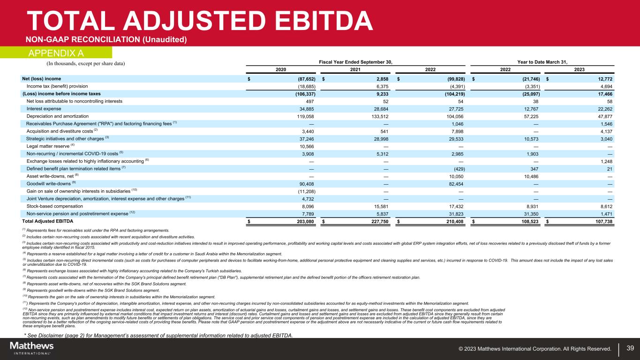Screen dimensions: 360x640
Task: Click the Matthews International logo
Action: pyautogui.click(x=32, y=348)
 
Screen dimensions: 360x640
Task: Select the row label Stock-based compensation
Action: pyautogui.click(x=55, y=206)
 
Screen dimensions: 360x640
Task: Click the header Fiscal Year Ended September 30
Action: pyautogui.click(x=355, y=61)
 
